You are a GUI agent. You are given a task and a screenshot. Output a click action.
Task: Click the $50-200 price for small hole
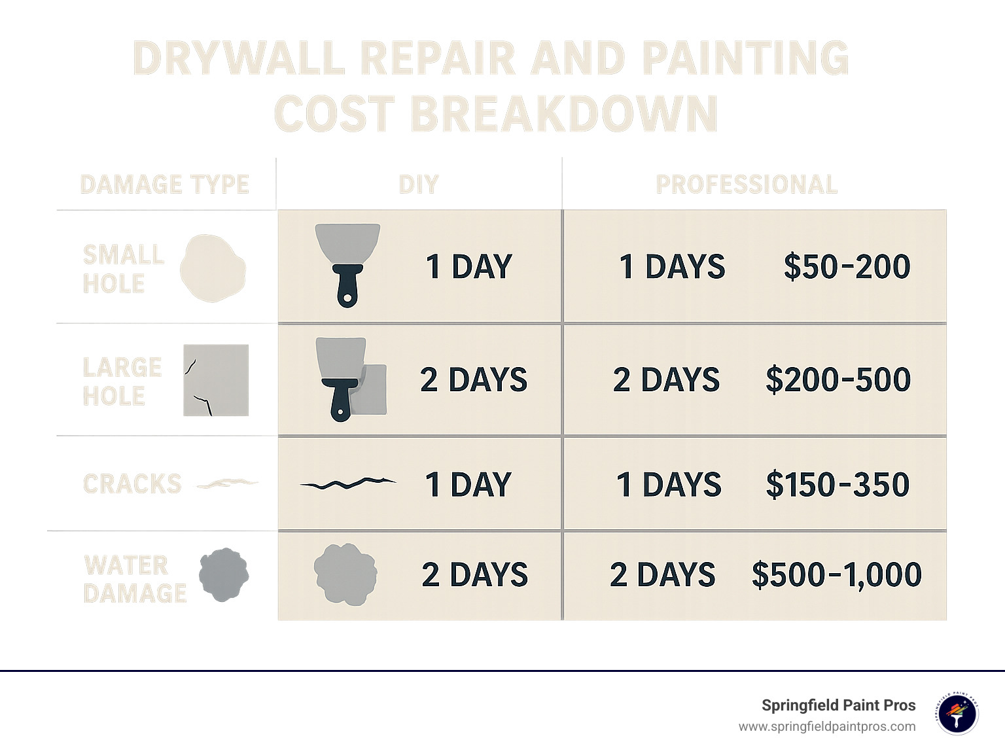tap(847, 266)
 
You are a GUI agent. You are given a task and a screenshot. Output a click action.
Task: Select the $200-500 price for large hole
tap(837, 379)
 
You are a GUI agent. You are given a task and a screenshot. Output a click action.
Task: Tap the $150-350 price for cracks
tap(837, 485)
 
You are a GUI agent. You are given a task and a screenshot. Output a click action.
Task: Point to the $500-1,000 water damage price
tap(836, 574)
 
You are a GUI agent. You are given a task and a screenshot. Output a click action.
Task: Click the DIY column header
tap(419, 184)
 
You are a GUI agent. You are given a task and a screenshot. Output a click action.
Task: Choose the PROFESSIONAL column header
tap(747, 184)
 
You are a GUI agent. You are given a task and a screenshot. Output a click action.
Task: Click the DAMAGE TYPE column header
tap(165, 184)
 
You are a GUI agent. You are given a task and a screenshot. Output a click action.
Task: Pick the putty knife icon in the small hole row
tap(347, 264)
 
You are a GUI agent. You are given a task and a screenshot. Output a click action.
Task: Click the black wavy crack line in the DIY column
tap(347, 484)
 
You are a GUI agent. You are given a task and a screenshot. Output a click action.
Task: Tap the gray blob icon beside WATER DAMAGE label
tap(224, 575)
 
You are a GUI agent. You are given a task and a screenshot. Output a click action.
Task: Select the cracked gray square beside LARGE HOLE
tap(216, 380)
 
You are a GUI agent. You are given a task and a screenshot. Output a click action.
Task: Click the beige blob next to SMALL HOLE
tap(213, 268)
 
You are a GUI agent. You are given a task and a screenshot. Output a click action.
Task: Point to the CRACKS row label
tap(132, 484)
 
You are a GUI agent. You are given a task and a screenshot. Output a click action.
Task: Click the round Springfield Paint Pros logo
tap(957, 714)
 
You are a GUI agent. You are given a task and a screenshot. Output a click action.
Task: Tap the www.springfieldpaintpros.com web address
tap(827, 727)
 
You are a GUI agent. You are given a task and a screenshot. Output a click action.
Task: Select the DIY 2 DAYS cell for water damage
tap(474, 574)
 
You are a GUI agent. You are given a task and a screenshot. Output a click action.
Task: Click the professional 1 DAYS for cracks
tap(669, 485)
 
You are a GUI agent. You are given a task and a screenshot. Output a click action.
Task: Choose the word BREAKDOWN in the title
tap(564, 114)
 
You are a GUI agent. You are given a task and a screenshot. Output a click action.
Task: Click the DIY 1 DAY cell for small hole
tap(468, 267)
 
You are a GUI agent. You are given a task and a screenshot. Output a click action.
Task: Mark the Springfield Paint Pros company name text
tap(838, 705)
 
